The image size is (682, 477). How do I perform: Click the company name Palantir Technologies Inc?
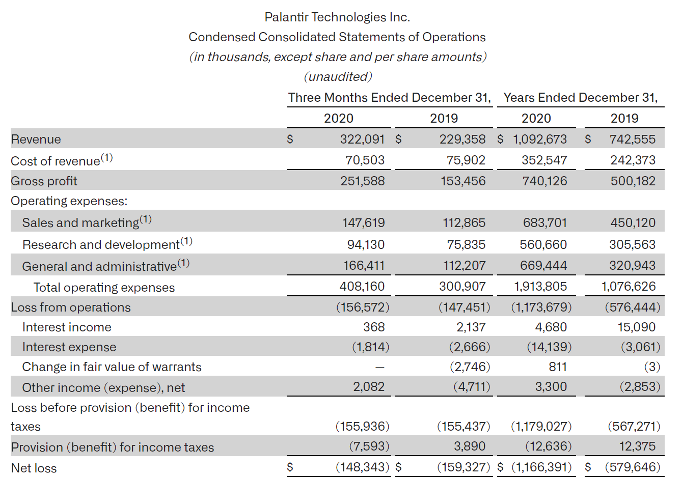coord(337,17)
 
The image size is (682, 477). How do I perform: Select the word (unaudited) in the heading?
coord(338,77)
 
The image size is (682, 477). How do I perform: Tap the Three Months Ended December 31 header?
coord(389,98)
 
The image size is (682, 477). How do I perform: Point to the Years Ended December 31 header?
coord(580,98)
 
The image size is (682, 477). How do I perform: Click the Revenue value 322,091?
coord(362,139)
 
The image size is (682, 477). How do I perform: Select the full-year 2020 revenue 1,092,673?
coord(539,139)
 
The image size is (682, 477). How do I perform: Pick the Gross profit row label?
coord(44,181)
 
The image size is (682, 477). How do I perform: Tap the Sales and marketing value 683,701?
coord(544,223)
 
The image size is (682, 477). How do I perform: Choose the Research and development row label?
coord(101,245)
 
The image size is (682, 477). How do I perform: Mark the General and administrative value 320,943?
coord(632,266)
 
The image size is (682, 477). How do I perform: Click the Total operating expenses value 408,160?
coord(362,287)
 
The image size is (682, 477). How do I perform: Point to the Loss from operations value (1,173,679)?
coord(541,307)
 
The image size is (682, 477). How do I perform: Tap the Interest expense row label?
coord(69,347)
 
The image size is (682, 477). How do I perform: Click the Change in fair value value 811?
coord(558,367)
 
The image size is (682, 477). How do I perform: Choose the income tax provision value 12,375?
coord(637,446)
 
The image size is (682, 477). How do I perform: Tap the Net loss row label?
coord(34,468)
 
